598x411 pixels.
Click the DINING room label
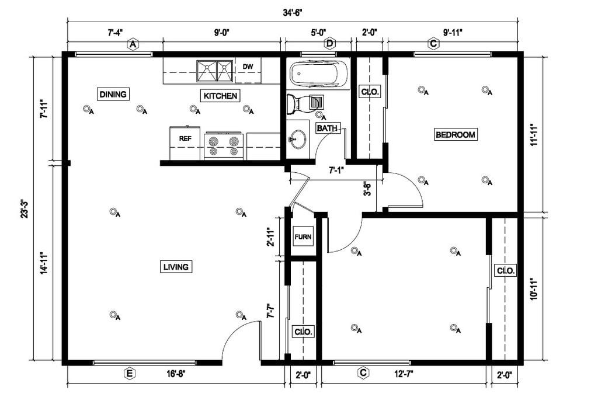[113, 94]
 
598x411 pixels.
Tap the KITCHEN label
[220, 96]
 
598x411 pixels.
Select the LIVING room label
[176, 267]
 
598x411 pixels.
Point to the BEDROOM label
[456, 135]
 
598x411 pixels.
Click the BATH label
[327, 128]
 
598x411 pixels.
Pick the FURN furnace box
[303, 237]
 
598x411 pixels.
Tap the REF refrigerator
[185, 143]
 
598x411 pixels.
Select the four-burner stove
[224, 147]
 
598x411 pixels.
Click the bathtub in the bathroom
[319, 74]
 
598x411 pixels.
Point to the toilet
[305, 103]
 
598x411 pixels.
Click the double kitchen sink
[215, 71]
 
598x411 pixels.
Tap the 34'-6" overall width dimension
[293, 13]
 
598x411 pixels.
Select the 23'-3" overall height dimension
[24, 208]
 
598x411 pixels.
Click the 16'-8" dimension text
[176, 374]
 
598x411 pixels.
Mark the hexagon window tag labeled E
[130, 374]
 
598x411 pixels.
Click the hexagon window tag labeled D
[330, 44]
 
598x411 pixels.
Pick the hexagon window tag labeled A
[133, 44]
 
